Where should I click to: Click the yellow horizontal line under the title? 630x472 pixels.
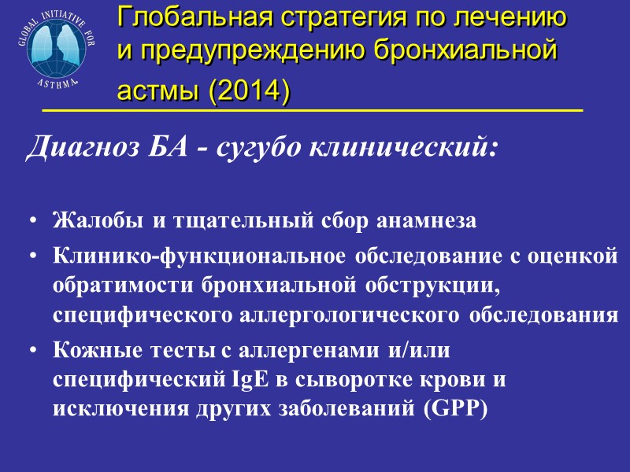click(312, 111)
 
